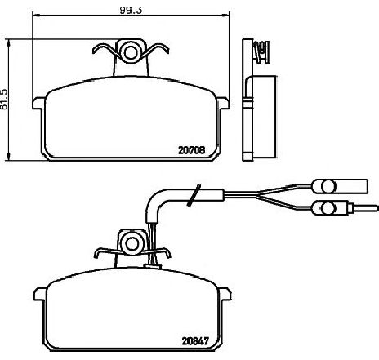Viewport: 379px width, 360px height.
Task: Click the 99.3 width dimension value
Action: coord(131,10)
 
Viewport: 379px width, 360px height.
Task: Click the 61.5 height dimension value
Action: coord(4,99)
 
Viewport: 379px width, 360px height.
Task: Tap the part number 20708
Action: coord(192,150)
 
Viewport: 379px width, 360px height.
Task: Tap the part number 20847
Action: coord(195,341)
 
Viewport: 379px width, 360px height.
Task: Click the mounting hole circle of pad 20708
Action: coord(131,51)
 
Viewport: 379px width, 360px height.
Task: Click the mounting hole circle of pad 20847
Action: coord(132,242)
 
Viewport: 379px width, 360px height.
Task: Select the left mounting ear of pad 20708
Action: coord(38,104)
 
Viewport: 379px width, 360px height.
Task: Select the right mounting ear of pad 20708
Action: coord(224,103)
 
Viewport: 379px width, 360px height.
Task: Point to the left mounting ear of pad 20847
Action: coord(40,294)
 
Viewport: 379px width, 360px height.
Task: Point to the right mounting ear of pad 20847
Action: coord(225,294)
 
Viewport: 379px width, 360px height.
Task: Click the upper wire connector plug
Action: coord(340,186)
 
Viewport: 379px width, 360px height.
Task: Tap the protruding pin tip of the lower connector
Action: coord(377,208)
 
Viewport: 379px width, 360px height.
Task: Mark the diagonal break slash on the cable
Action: coord(194,195)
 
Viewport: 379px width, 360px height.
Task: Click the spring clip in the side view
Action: coord(261,51)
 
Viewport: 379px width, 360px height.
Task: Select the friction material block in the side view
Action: coord(264,117)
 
